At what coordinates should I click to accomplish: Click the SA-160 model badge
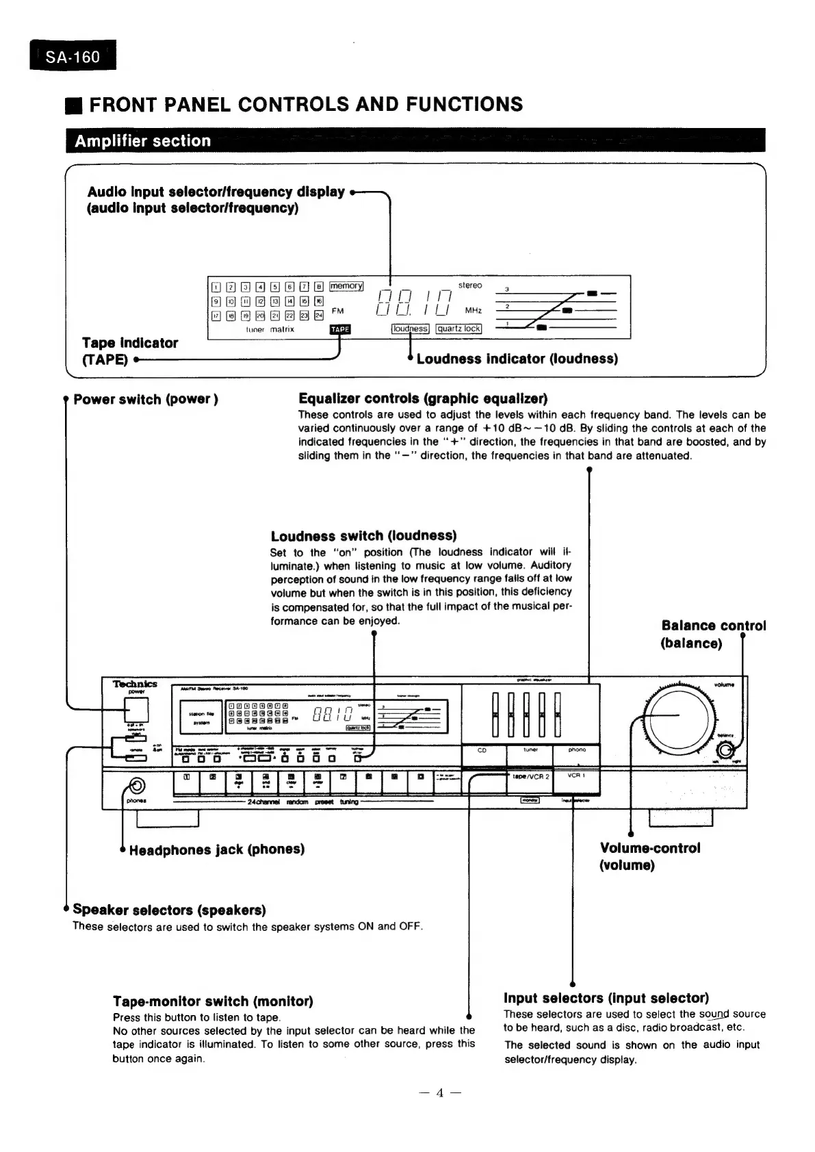73,56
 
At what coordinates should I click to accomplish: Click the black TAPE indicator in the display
340,329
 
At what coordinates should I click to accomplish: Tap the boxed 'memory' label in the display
346,286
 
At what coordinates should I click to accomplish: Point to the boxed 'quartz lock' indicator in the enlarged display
458,329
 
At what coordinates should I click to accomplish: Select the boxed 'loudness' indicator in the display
410,329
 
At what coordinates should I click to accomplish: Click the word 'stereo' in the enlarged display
470,285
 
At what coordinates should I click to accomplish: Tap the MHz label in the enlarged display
474,311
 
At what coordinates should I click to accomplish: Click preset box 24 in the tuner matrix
318,316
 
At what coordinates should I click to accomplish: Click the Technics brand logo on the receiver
135,684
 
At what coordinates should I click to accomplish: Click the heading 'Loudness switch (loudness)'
363,536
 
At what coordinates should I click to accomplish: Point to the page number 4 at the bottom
440,1093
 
